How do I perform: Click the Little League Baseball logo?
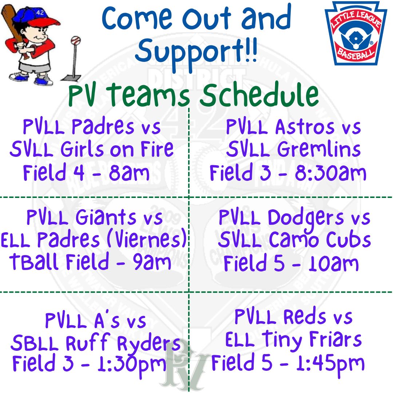click(356, 33)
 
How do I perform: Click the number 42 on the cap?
click(40, 12)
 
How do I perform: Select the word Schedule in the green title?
click(259, 95)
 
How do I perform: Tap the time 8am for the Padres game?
click(129, 173)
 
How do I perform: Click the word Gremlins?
click(319, 149)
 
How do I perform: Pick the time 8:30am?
click(330, 173)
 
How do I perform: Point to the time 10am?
click(333, 263)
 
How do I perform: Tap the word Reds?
click(305, 317)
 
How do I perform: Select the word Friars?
click(336, 340)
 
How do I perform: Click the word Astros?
click(305, 127)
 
